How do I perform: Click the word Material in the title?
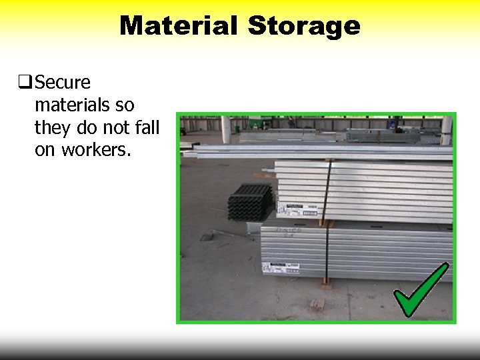(x=178, y=26)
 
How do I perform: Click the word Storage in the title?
(x=304, y=26)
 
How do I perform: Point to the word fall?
(x=147, y=127)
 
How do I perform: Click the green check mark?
(x=420, y=291)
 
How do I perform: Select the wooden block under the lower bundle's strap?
(x=325, y=284)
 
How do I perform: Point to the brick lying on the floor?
(x=317, y=305)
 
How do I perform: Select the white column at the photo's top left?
(x=226, y=129)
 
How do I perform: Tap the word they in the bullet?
(x=53, y=127)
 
